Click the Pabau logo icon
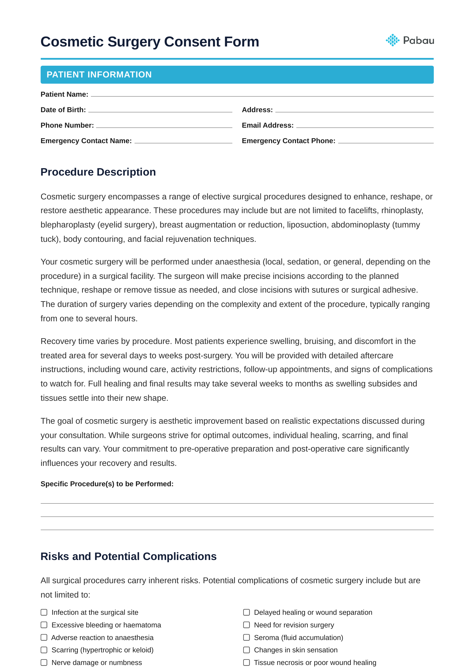(392, 40)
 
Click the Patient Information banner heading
(99, 75)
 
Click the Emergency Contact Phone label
(288, 141)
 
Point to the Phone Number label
(67, 125)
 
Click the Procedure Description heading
(98, 172)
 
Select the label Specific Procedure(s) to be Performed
(107, 484)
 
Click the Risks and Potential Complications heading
(129, 556)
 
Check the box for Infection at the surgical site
(44, 612)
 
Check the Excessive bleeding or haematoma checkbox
(44, 625)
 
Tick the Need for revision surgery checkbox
(247, 625)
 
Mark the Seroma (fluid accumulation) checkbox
(247, 638)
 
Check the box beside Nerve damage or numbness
(44, 662)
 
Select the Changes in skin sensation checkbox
(247, 650)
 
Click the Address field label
(257, 110)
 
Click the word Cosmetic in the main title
(71, 42)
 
